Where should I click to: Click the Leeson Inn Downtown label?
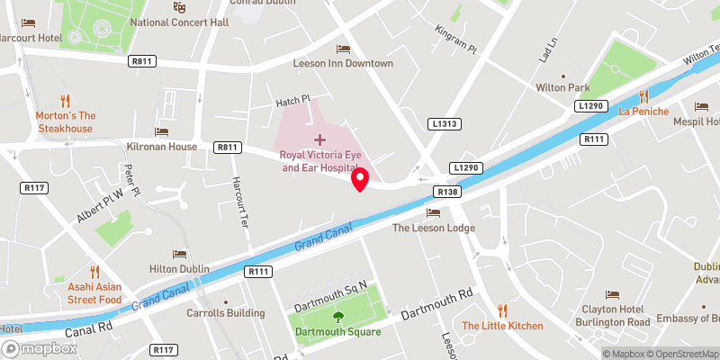(x=343, y=64)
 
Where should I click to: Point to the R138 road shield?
(x=447, y=192)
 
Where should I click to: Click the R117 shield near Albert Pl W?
(x=33, y=187)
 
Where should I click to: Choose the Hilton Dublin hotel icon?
(x=179, y=254)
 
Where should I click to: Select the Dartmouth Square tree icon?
(x=338, y=317)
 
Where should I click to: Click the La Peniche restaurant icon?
(x=643, y=96)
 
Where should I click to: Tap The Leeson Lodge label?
(x=433, y=228)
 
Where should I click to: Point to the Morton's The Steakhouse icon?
(x=65, y=101)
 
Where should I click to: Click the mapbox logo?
(x=38, y=347)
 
